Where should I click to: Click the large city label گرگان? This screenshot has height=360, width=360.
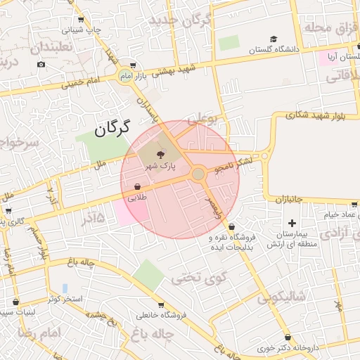(113, 129)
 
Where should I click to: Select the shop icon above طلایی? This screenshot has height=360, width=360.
(137, 187)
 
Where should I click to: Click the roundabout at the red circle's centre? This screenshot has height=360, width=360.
(199, 173)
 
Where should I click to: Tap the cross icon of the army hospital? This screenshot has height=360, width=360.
(292, 223)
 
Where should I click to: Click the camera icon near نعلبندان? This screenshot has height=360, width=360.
(41, 65)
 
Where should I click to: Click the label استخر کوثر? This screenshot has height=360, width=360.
(65, 300)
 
